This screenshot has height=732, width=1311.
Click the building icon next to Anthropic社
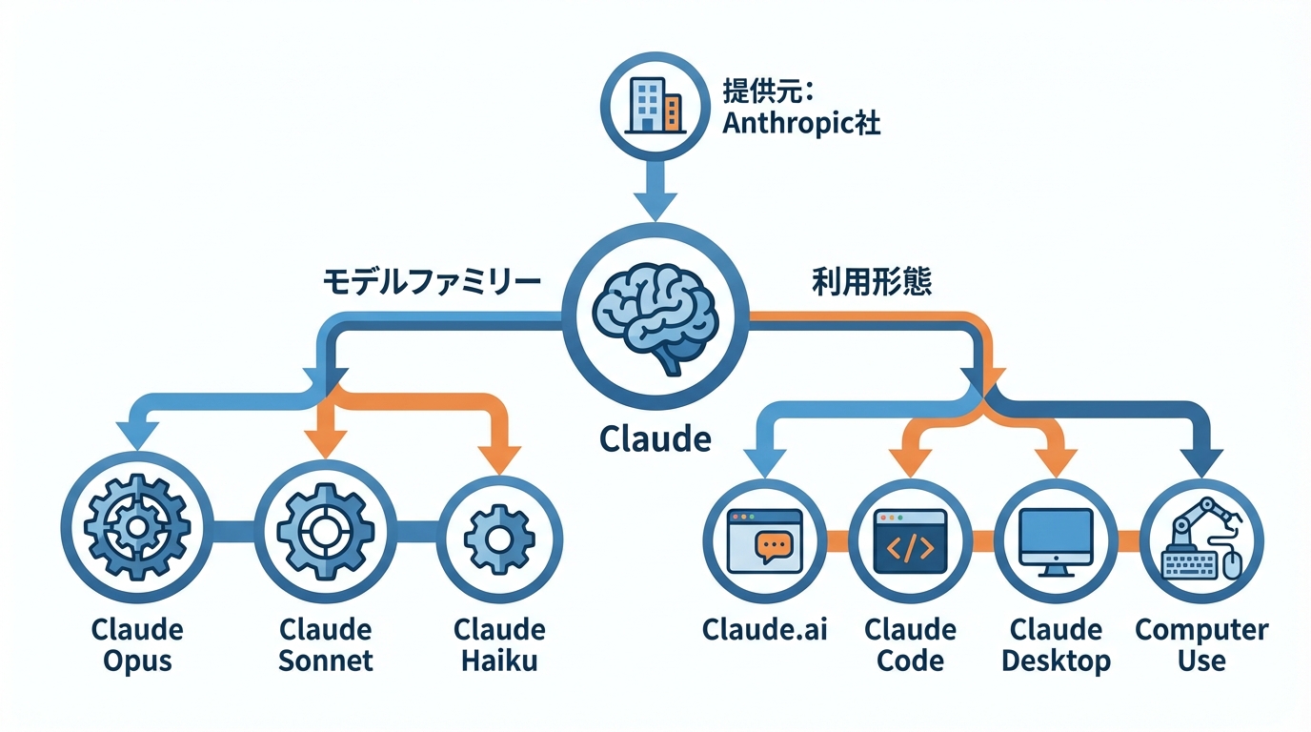[654, 103]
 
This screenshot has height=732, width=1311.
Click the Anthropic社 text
[800, 124]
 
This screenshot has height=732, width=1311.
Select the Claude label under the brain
[655, 439]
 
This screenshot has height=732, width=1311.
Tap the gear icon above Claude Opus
[134, 528]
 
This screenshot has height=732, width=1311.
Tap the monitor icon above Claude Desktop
[1056, 540]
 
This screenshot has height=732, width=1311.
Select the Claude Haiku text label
[499, 644]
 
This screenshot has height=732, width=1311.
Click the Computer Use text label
[1201, 645]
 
